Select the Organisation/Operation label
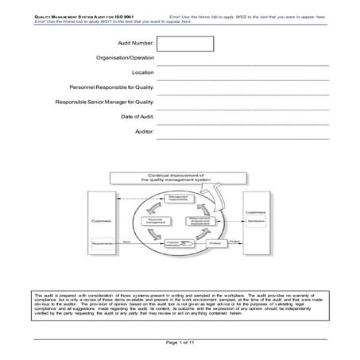click(x=126, y=58)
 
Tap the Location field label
click(x=143, y=72)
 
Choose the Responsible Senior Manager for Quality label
click(x=104, y=102)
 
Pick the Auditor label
click(x=145, y=130)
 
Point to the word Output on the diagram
click(x=234, y=241)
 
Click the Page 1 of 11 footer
click(x=179, y=342)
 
